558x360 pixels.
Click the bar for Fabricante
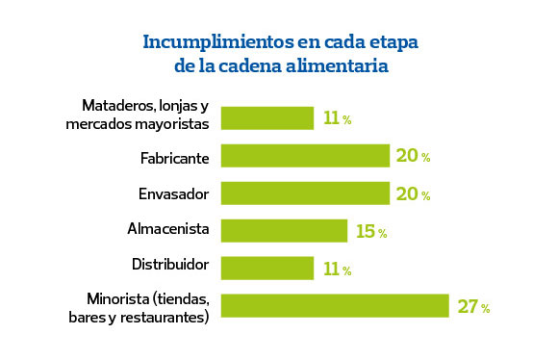tap(305, 156)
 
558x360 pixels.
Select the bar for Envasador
tap(305, 193)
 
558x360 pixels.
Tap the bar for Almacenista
tap(284, 231)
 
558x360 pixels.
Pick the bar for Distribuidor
tap(267, 268)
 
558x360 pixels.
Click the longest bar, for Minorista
tap(335, 306)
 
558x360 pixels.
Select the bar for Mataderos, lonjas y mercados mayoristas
tap(267, 118)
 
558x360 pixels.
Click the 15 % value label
tap(369, 232)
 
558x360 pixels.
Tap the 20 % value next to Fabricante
tap(412, 157)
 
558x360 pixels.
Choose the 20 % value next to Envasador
tap(412, 194)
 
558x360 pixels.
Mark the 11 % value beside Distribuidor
tap(337, 270)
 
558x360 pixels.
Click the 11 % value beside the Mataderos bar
tap(337, 119)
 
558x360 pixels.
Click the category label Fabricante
tap(174, 156)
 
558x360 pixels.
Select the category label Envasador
tap(173, 193)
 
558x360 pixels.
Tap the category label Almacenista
tap(167, 230)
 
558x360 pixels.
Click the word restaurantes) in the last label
tap(165, 317)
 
